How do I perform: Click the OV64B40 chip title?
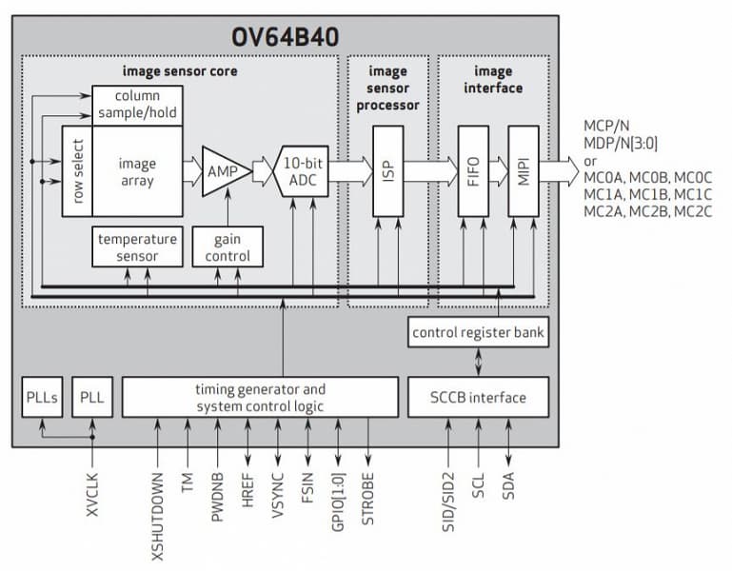click(x=286, y=37)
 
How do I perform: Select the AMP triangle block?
click(x=223, y=170)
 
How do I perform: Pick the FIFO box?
click(x=473, y=170)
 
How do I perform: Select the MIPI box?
click(x=523, y=170)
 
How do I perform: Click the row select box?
click(x=75, y=170)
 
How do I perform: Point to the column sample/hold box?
click(x=136, y=105)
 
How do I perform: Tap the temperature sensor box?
click(x=137, y=246)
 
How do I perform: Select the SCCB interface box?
click(x=479, y=397)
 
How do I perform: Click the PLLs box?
click(x=42, y=397)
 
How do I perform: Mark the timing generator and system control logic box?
click(x=260, y=397)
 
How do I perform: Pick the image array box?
click(x=137, y=170)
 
